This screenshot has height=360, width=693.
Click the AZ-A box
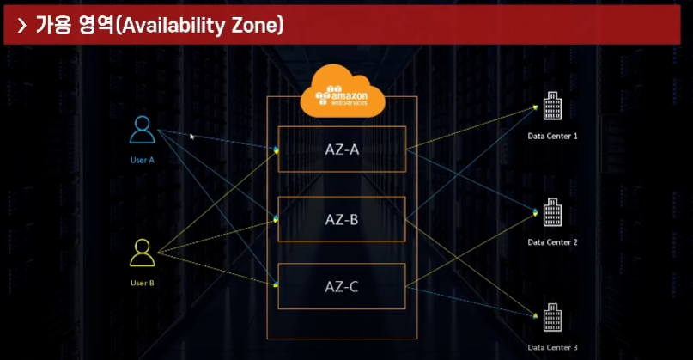click(x=341, y=149)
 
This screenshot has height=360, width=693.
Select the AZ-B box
click(x=341, y=218)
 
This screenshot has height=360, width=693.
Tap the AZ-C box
click(x=341, y=286)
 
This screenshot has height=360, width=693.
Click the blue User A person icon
click(x=143, y=130)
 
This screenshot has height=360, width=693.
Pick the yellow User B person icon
click(x=142, y=253)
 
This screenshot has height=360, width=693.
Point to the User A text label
click(x=143, y=161)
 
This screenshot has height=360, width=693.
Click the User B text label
click(x=142, y=283)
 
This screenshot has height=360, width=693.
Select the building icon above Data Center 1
click(x=552, y=109)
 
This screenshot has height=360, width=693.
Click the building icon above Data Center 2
click(x=552, y=212)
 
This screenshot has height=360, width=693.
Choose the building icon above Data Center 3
click(x=552, y=316)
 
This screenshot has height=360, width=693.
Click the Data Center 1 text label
click(x=552, y=136)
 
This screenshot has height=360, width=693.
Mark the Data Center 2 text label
click(x=552, y=242)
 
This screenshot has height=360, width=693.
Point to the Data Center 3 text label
click(x=552, y=347)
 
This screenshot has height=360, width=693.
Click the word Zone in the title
click(x=254, y=26)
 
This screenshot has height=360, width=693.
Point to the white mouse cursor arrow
click(x=192, y=136)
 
